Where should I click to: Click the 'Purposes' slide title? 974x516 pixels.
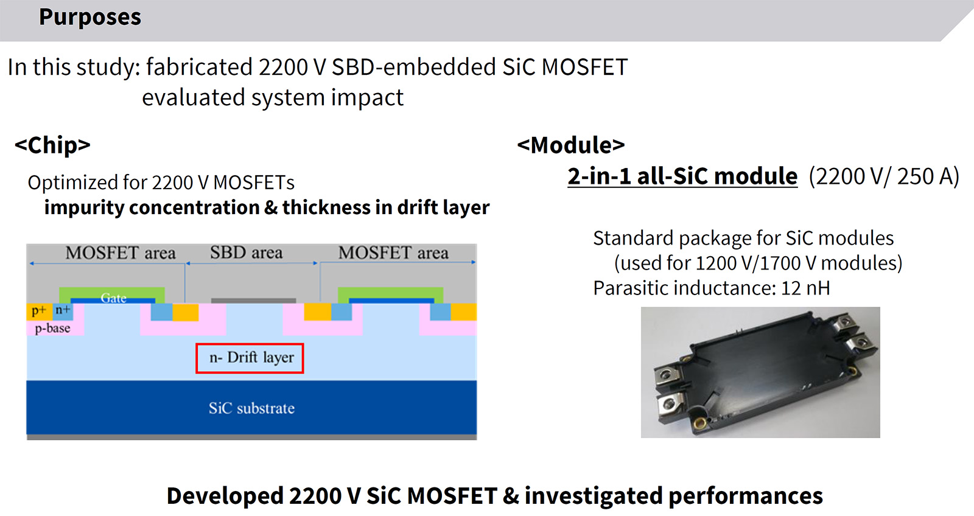(x=90, y=17)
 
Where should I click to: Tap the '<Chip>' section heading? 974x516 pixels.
(x=52, y=145)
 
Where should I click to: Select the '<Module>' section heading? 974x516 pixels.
(x=571, y=145)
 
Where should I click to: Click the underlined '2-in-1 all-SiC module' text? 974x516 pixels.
(x=682, y=176)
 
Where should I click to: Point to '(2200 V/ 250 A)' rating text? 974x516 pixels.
(x=884, y=176)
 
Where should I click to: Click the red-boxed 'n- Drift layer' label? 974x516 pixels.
(x=250, y=358)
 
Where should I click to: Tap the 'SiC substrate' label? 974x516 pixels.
(x=251, y=408)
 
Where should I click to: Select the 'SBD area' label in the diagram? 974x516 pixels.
(x=247, y=253)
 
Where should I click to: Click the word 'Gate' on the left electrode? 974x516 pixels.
(x=113, y=298)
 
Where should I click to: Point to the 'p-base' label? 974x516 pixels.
(x=52, y=329)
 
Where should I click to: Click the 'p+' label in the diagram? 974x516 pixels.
(x=38, y=311)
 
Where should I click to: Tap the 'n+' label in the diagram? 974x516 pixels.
(x=63, y=310)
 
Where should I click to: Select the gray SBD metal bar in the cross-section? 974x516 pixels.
(x=253, y=301)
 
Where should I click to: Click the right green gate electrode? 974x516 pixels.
(x=390, y=292)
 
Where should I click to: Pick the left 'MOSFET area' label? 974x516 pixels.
(x=121, y=253)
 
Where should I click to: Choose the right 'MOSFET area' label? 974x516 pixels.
(x=393, y=253)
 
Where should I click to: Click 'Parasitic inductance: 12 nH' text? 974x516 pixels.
(x=712, y=288)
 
